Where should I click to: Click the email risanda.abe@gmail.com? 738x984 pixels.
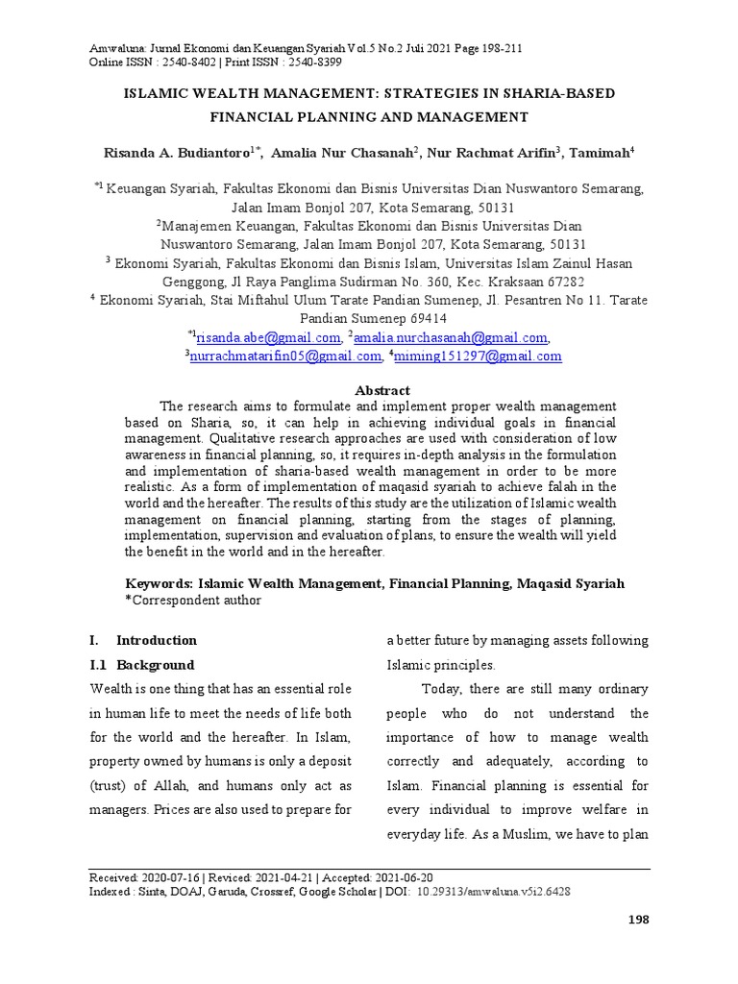point(268,337)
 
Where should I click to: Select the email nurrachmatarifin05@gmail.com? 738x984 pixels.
point(285,356)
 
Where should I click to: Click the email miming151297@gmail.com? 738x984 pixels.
point(478,356)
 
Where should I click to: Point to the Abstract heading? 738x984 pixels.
point(382,390)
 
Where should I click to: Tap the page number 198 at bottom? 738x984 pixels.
point(638,920)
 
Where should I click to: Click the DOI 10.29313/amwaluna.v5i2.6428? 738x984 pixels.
point(494,891)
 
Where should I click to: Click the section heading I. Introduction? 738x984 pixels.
point(143,640)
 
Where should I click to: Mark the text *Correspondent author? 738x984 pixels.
point(193,601)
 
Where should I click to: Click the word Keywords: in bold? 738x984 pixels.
point(160,583)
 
